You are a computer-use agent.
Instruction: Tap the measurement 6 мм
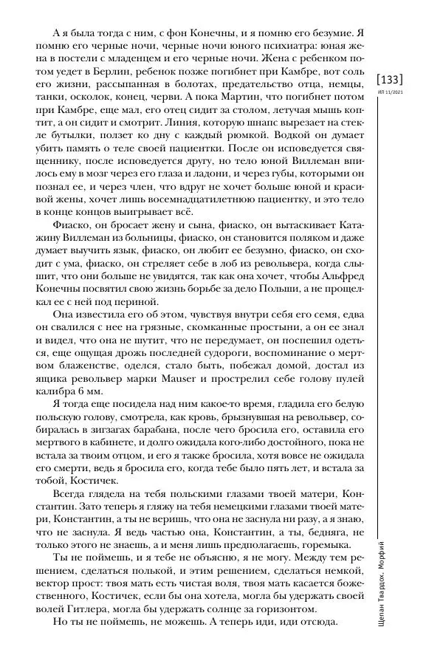pyautogui.click(x=92, y=391)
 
